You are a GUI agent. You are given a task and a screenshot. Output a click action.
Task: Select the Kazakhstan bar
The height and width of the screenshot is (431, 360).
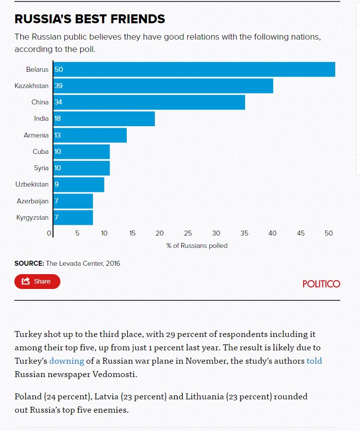point(163,86)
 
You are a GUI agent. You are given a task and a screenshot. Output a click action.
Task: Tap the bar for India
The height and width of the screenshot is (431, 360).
point(104,119)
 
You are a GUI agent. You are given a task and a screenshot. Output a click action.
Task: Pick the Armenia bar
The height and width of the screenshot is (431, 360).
point(90,135)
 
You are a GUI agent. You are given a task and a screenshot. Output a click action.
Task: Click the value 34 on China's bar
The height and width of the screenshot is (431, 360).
point(58,102)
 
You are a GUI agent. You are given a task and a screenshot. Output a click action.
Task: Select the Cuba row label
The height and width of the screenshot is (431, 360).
point(41,151)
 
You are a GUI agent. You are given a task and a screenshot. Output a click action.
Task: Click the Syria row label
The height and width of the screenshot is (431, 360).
point(41,168)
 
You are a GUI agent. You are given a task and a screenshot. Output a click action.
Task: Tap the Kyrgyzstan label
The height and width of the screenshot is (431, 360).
point(33,217)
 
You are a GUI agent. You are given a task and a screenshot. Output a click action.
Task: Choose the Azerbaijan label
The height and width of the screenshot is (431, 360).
point(33,201)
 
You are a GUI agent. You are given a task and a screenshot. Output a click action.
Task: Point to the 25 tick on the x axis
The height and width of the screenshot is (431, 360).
point(188,233)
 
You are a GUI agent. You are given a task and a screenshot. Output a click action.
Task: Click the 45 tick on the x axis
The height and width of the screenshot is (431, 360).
point(301,233)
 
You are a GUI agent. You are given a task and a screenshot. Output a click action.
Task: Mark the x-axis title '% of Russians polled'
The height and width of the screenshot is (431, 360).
point(197,245)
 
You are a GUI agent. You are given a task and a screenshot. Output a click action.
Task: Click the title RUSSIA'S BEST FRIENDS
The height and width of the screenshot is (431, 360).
point(90,19)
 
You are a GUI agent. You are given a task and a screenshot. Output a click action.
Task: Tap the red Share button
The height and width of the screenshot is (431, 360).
point(37,282)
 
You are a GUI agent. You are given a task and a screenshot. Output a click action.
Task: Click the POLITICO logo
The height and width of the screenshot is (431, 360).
point(321,284)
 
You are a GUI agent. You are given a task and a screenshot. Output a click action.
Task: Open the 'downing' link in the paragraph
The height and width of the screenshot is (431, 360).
point(66,361)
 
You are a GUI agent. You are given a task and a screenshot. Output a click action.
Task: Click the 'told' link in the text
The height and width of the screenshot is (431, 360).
point(314,361)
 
